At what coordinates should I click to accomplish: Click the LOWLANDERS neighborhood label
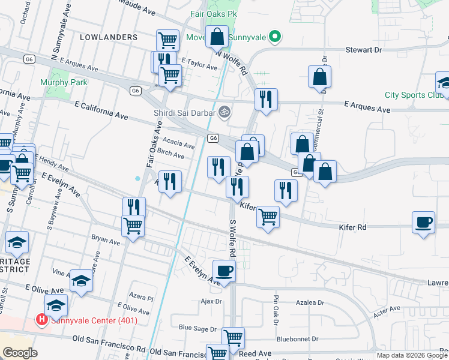pyautogui.click(x=109, y=37)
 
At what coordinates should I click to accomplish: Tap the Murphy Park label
pyautogui.click(x=64, y=82)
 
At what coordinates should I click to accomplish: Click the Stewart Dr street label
pyautogui.click(x=363, y=51)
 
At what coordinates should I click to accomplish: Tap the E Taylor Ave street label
pyautogui.click(x=198, y=66)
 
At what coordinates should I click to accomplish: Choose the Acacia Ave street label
pyautogui.click(x=179, y=144)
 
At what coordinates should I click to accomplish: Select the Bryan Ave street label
pyautogui.click(x=106, y=240)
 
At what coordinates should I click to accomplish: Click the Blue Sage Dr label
pyautogui.click(x=197, y=328)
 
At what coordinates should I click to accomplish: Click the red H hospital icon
pyautogui.click(x=41, y=320)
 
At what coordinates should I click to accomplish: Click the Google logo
pyautogui.click(x=20, y=353)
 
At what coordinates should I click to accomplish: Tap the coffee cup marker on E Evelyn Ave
pyautogui.click(x=224, y=271)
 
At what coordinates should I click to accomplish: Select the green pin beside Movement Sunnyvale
pyautogui.click(x=275, y=37)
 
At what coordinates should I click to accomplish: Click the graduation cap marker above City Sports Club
pyautogui.click(x=444, y=82)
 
